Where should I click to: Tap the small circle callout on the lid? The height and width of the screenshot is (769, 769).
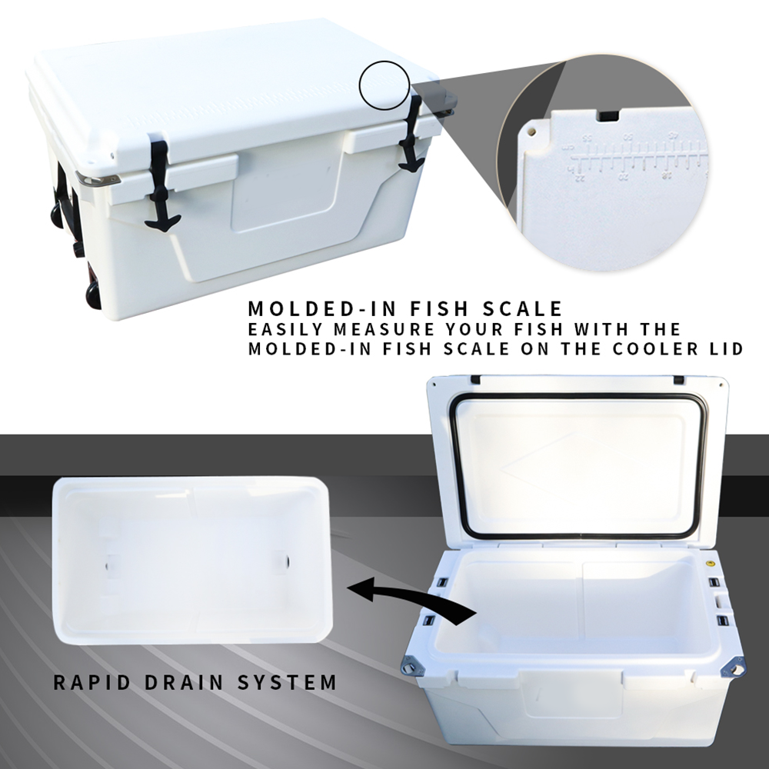point(384,87)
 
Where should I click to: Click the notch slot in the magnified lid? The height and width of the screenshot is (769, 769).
point(608,115)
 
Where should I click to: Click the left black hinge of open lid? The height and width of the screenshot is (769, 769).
point(474,380)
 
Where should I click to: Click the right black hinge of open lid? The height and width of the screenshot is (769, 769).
point(679,380)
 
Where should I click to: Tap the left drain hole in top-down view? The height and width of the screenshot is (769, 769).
point(109,561)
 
